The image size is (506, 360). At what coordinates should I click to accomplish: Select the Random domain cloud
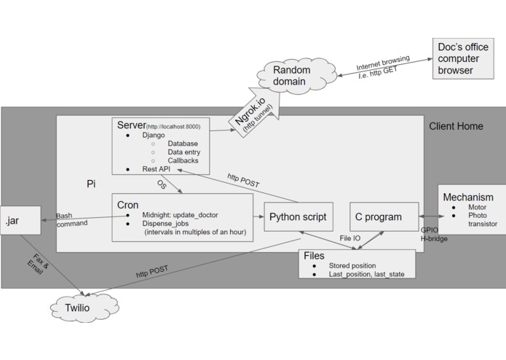pyautogui.click(x=291, y=76)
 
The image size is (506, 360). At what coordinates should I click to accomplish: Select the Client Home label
pyautogui.click(x=455, y=126)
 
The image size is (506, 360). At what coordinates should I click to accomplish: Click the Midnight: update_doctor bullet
pyautogui.click(x=179, y=215)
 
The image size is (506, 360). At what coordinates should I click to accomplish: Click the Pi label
pyautogui.click(x=91, y=184)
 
